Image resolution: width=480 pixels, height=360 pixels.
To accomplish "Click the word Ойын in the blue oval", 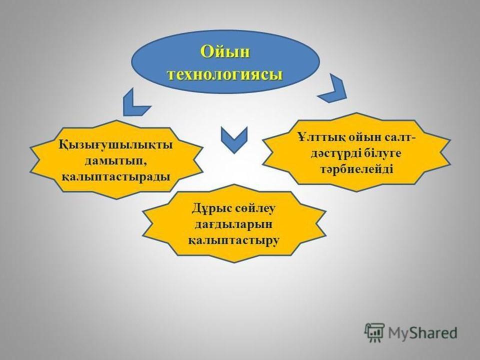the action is [225, 51].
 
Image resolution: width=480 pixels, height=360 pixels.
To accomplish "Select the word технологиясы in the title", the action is [225, 74].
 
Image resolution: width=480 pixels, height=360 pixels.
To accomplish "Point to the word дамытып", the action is [116, 161].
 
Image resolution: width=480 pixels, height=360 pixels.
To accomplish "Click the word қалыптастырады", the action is [116, 177].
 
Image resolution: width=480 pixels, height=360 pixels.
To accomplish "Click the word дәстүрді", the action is [335, 153].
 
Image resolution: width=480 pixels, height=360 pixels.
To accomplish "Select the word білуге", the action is [382, 153].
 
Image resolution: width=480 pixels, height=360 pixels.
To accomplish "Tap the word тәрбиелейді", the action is [356, 169].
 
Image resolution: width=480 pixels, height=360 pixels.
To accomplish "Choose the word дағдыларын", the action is [233, 224].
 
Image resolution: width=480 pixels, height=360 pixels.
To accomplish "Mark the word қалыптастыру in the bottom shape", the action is [233, 240].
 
